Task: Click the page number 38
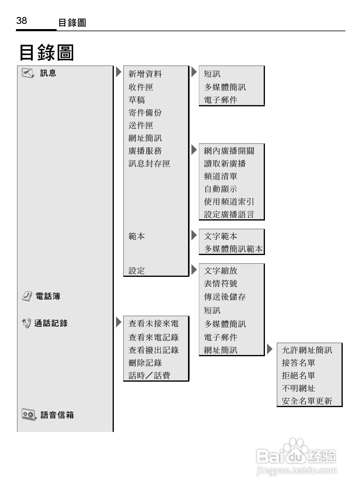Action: (x=21, y=21)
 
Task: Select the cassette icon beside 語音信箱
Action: (x=29, y=414)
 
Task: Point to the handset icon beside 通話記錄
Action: (x=27, y=323)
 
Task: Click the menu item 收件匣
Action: (x=141, y=87)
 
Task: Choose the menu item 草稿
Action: (x=137, y=100)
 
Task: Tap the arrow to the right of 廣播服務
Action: (x=194, y=150)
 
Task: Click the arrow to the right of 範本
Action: (x=194, y=235)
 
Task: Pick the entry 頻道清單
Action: (x=220, y=176)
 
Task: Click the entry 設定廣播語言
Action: (x=229, y=214)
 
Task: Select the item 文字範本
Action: (x=220, y=236)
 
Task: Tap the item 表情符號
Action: (x=220, y=284)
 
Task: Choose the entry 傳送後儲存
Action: (x=225, y=297)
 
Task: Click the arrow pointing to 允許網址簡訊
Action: (x=270, y=349)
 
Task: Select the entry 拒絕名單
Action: (x=299, y=376)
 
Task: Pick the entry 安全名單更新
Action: (x=307, y=401)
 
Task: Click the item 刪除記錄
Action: (x=145, y=363)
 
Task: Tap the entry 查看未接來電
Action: (x=154, y=324)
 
